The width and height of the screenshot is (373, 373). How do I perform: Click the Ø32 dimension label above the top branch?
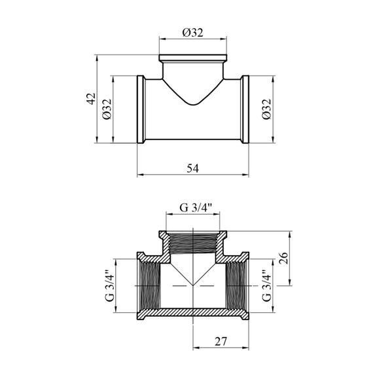pyautogui.click(x=192, y=33)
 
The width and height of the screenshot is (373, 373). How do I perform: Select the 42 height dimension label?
pyautogui.click(x=91, y=98)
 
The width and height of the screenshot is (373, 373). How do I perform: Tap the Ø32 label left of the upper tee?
pyautogui.click(x=107, y=109)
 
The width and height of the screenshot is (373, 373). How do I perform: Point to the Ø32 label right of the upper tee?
pyautogui.click(x=267, y=109)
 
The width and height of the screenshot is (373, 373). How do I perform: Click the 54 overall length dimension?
pyautogui.click(x=192, y=168)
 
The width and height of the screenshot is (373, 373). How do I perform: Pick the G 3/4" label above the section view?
pyautogui.click(x=196, y=207)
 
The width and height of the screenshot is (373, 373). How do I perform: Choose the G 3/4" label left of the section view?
pyautogui.click(x=110, y=285)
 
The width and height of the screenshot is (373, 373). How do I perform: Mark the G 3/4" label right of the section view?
pyautogui.click(x=267, y=285)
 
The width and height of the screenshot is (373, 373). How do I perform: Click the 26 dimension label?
pyautogui.click(x=283, y=258)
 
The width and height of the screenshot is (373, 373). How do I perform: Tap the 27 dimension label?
pyautogui.click(x=221, y=342)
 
